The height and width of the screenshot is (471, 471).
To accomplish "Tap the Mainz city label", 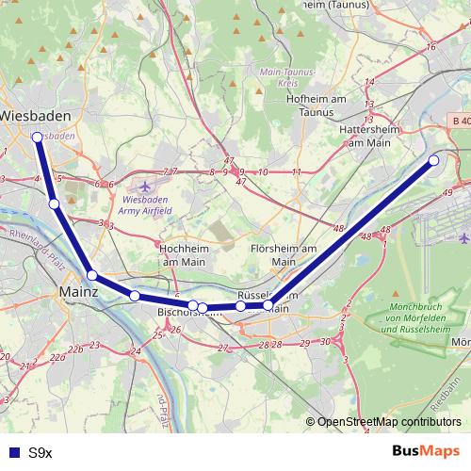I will [x=79, y=293].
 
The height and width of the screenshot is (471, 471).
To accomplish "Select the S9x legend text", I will [x=40, y=452].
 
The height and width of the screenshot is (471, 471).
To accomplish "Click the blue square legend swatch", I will [x=12, y=452].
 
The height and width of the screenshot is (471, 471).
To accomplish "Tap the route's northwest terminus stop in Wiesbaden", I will [x=37, y=138].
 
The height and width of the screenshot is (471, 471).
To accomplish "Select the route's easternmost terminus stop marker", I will [x=434, y=161].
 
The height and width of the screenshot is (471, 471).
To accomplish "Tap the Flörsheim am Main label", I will [x=284, y=254].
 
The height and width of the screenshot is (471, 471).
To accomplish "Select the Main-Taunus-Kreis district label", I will [x=285, y=78].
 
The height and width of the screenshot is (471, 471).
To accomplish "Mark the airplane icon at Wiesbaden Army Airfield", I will [x=142, y=186].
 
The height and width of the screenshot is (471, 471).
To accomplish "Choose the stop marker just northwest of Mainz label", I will [x=92, y=275].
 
